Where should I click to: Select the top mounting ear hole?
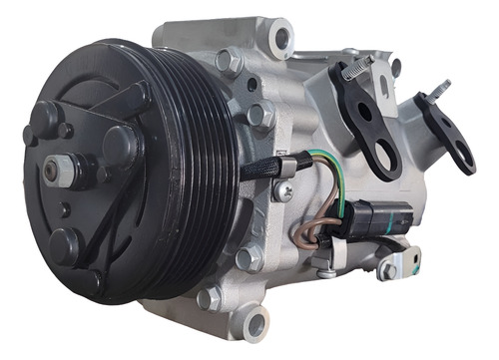coord(282,39)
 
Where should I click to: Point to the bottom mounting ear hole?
coord(253,323)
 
